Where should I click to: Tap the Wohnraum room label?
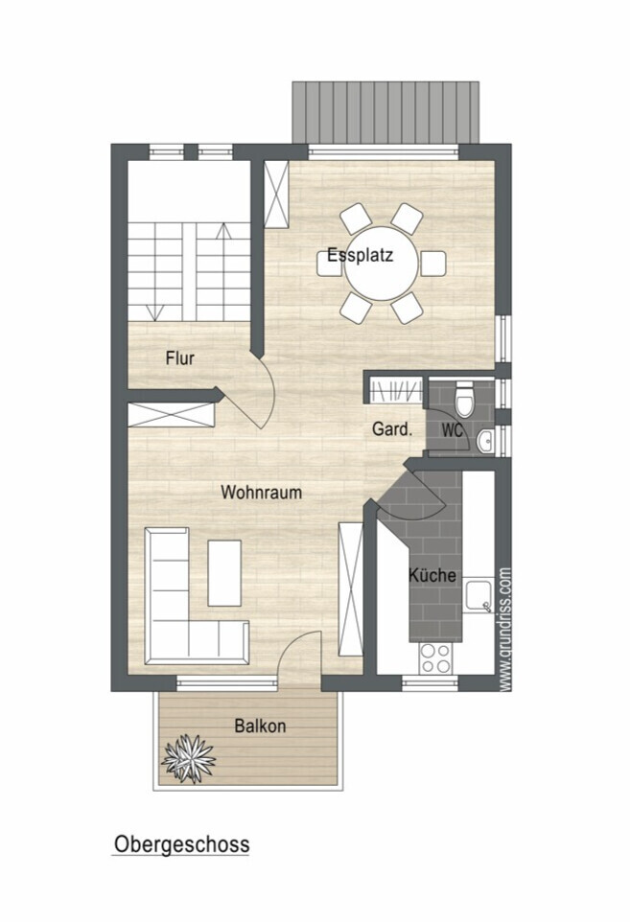click(x=261, y=493)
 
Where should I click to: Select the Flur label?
click(x=180, y=358)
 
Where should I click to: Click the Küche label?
click(x=432, y=574)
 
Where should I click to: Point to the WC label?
click(x=453, y=430)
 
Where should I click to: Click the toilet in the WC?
click(x=465, y=398)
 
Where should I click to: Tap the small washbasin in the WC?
click(x=486, y=441)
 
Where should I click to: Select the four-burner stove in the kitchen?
click(x=434, y=657)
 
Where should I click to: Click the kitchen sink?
click(x=478, y=597)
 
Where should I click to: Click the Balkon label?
click(x=260, y=726)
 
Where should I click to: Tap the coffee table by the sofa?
click(x=224, y=573)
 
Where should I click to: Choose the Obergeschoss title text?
click(x=182, y=844)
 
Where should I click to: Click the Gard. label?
click(x=392, y=429)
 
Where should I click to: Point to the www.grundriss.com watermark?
click(x=504, y=629)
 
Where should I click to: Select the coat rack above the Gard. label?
click(x=396, y=390)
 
